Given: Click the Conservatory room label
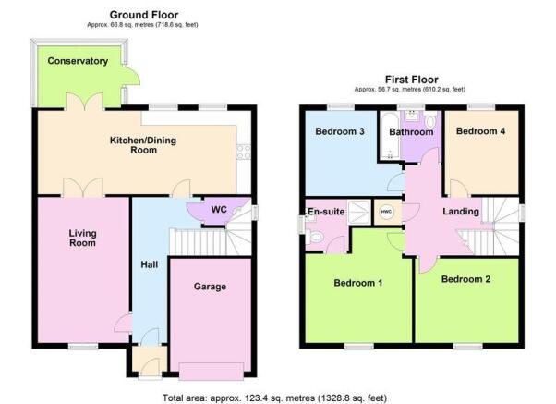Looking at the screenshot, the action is (78, 61).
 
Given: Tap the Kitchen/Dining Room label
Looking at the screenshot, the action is (143, 145).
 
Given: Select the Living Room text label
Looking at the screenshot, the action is (82, 238).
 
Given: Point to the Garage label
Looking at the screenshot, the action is (210, 287).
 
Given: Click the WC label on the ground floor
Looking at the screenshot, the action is (219, 210).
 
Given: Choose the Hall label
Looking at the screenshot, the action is (150, 264).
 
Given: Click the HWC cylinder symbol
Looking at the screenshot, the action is (386, 213).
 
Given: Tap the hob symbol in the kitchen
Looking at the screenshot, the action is (244, 152).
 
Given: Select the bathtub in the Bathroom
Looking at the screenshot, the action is (390, 136).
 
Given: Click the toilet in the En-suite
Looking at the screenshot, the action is (315, 237).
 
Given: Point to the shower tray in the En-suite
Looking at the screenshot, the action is (359, 213).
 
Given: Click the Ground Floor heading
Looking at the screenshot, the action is (144, 15).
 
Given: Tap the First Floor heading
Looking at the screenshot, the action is (412, 80).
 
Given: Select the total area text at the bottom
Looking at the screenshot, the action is (275, 398).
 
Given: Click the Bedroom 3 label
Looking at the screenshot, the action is (340, 131).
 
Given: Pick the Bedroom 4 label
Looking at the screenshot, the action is (481, 131).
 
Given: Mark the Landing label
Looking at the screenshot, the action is (461, 212).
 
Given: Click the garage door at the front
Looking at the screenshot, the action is (212, 372).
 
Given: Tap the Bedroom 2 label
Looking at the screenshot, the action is (465, 279).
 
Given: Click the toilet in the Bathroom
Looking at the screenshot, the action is (430, 122).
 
